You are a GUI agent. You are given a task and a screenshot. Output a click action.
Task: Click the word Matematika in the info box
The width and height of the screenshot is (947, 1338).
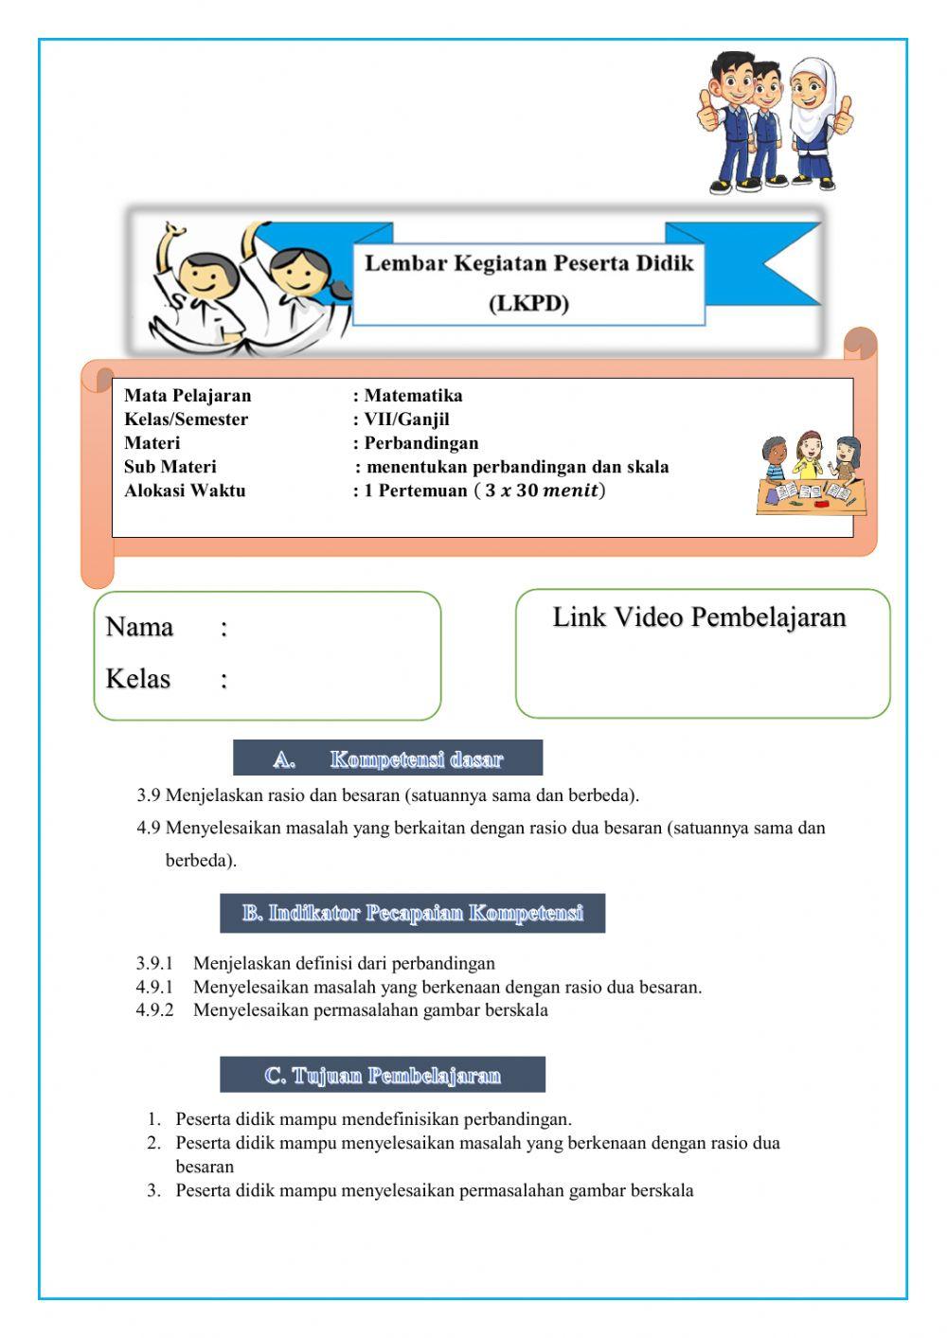click(413, 396)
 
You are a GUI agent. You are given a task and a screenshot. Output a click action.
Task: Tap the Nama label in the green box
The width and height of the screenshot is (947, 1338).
click(139, 627)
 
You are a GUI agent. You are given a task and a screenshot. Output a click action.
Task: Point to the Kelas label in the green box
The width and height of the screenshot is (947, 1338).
click(138, 679)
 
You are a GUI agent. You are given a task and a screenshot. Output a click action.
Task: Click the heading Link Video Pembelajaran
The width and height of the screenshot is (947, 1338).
click(699, 617)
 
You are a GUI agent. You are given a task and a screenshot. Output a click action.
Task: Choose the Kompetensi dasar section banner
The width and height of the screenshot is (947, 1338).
click(388, 758)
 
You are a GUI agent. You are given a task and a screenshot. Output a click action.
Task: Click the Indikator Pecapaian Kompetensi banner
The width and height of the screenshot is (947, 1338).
click(412, 914)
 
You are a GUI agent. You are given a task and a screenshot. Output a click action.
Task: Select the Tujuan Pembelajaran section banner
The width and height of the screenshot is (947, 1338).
click(383, 1076)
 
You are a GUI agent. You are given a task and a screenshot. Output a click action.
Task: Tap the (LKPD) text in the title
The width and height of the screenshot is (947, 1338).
click(529, 304)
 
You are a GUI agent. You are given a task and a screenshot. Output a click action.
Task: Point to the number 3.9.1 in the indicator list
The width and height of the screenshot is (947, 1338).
click(154, 964)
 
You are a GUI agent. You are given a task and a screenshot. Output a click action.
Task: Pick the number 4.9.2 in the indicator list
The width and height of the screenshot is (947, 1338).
click(154, 1010)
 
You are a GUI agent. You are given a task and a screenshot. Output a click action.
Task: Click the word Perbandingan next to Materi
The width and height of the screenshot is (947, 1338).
click(421, 443)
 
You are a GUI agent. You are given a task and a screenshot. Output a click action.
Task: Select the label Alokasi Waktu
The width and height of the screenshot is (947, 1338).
click(185, 491)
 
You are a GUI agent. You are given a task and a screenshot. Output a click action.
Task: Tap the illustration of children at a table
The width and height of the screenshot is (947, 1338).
click(812, 473)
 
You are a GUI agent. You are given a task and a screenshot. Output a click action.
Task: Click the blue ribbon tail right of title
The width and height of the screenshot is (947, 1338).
click(777, 263)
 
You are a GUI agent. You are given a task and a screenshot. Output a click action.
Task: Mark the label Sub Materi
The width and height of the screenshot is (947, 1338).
click(170, 467)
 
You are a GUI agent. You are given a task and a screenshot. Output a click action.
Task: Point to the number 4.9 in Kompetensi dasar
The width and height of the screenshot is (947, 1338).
click(148, 829)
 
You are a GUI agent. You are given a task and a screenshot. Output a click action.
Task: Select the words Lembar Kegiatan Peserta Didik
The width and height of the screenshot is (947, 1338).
click(529, 263)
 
